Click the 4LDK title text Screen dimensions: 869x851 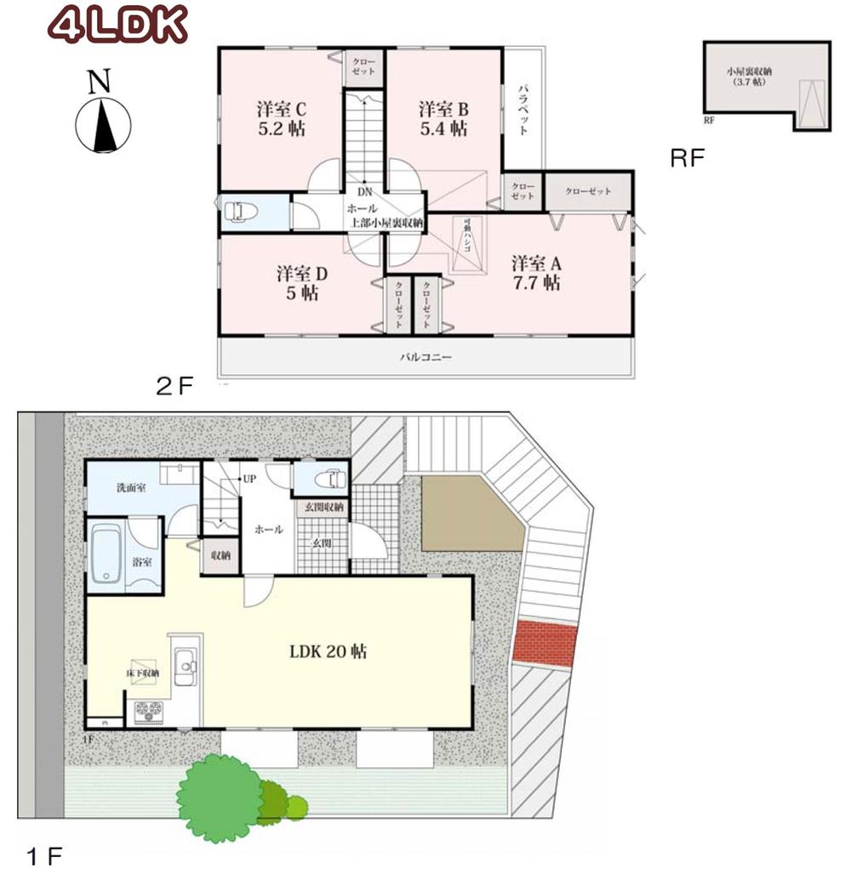(117, 26)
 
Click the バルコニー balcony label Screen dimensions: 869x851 (426, 358)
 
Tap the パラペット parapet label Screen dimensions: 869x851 (524, 111)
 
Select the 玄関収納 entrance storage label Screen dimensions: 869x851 (321, 508)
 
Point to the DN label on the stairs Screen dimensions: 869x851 (364, 191)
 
